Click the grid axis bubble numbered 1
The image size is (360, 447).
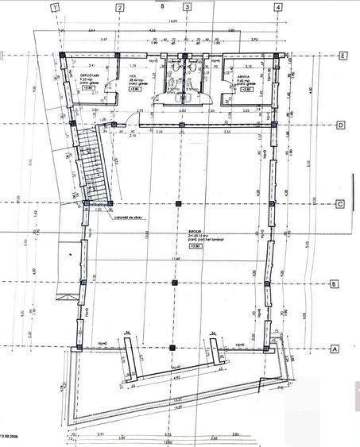(x=55, y=9)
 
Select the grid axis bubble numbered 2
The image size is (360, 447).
(x=119, y=9)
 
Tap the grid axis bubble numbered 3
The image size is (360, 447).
(x=187, y=9)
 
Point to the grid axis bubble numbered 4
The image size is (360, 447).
(x=277, y=9)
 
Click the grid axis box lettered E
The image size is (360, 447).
(x=340, y=56)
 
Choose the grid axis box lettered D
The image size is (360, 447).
(x=339, y=125)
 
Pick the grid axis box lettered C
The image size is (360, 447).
(x=339, y=203)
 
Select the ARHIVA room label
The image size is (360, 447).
(x=244, y=76)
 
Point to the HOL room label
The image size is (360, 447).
(x=134, y=76)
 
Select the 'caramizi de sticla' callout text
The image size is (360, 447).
(x=128, y=217)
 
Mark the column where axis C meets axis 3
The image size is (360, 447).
(x=176, y=204)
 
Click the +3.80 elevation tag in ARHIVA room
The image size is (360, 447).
(x=246, y=90)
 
